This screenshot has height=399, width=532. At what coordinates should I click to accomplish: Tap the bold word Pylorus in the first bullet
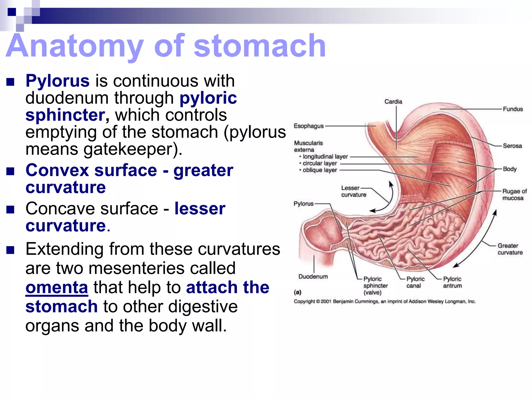(57, 81)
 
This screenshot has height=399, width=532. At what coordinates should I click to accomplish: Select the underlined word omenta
(57, 287)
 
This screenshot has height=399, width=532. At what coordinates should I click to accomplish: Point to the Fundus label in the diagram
(513, 109)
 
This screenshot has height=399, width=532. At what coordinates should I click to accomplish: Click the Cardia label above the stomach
(393, 102)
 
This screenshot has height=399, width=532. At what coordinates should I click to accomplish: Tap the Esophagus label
(309, 126)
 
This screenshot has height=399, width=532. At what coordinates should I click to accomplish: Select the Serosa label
(512, 146)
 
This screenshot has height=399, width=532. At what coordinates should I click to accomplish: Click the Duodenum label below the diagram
(313, 277)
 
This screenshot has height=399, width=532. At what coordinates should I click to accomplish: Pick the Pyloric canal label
(415, 282)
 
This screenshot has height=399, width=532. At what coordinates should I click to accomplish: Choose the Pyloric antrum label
(452, 282)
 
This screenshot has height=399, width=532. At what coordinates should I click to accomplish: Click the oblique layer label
(320, 170)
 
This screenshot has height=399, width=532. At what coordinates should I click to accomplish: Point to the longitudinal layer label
(325, 157)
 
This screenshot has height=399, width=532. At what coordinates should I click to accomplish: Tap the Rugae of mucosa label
(514, 195)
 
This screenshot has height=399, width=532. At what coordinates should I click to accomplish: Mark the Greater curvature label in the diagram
(510, 249)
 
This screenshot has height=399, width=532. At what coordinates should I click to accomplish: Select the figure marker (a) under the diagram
(297, 292)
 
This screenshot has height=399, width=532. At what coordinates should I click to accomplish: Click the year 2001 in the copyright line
(326, 302)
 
